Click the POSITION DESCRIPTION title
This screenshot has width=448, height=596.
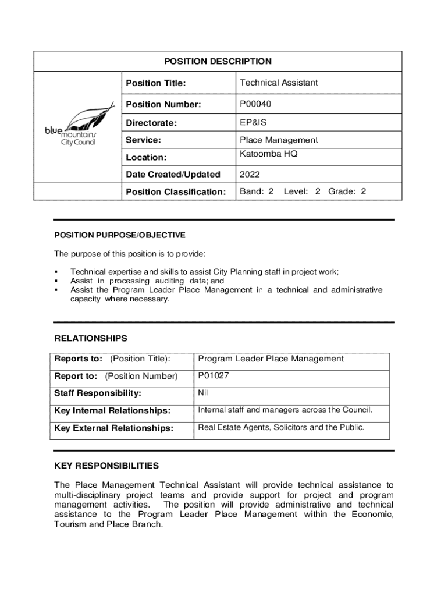point(218,61)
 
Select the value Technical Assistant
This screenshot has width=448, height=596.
point(279,83)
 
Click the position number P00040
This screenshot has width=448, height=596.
point(255,104)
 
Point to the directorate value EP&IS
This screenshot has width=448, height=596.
point(253,123)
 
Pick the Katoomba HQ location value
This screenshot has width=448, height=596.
point(268,154)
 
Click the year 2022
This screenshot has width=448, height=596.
point(250,174)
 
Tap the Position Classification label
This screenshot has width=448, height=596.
point(176,191)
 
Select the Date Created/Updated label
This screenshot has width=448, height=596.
point(173,174)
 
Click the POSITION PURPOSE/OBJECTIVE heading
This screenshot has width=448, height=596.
point(120,235)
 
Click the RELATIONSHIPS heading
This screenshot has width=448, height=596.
point(91,338)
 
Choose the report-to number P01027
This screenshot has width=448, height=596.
point(214,376)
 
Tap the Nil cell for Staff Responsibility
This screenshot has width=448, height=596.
point(203,393)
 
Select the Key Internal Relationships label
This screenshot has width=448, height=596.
point(112,411)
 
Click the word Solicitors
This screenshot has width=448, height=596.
point(290,428)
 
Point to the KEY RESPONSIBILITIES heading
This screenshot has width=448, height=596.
point(106,466)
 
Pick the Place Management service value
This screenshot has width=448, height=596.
point(279,140)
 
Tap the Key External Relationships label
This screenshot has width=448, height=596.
point(114,428)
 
